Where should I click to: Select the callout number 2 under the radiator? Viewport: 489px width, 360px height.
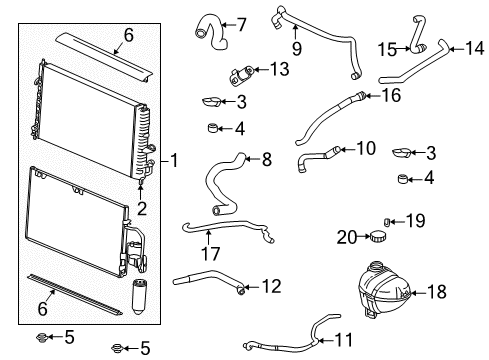tap(142, 208)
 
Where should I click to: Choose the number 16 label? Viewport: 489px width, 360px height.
tap(389, 95)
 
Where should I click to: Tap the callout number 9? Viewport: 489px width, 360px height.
tap(295, 45)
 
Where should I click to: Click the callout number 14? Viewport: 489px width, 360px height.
tap(473, 46)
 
